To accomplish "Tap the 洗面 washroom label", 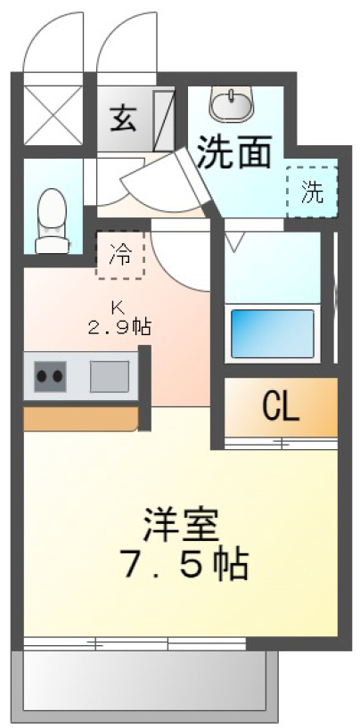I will pos(233,152).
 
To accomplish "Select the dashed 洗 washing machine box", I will pos(312,191).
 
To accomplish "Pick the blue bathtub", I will pos(274,333).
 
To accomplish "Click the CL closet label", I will pos(281,407).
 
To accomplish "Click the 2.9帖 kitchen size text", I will pos(119,326).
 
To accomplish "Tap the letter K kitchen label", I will pos(117,307).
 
